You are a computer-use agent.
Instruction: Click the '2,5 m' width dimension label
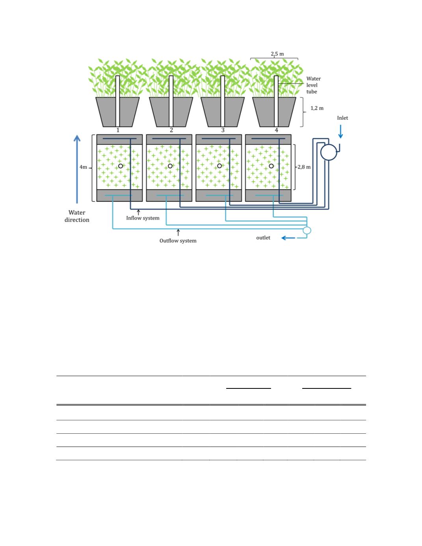pos(277,54)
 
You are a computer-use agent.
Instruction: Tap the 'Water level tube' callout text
pos(313,85)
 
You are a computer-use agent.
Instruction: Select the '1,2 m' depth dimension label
pos(317,108)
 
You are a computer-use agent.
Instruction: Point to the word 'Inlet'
pos(342,118)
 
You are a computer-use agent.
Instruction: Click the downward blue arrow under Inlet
pos(340,132)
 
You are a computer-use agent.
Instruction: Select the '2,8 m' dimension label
pos(304,167)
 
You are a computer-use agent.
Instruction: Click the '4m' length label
pos(83,167)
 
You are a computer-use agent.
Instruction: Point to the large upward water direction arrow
pos(77,169)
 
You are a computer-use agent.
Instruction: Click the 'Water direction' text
pos(77,216)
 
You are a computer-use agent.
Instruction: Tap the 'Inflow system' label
pos(143,218)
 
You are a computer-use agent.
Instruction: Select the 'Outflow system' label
pos(178,241)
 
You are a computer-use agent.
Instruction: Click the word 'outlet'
pos(263,238)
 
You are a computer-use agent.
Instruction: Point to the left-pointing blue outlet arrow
pos(288,238)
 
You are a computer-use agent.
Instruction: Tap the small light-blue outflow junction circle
pos(307,230)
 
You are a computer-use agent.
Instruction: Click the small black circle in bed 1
pos(121,166)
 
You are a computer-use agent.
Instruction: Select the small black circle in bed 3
pos(219,166)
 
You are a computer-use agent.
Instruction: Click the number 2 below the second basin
pos(171,130)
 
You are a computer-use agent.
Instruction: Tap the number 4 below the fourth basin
pos(277,130)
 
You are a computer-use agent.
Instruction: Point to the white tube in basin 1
pos(118,101)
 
